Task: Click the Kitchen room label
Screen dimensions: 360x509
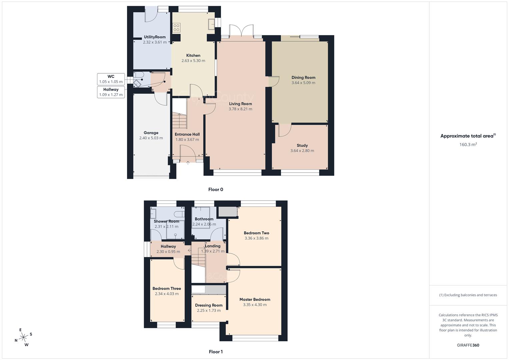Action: point(193,55)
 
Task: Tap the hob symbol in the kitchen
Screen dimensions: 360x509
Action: point(176,28)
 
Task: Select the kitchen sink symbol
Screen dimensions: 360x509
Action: point(211,24)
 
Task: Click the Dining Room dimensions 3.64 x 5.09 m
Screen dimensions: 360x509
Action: point(303,83)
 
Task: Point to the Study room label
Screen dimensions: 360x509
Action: point(302,145)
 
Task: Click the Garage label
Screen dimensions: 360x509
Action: point(151,133)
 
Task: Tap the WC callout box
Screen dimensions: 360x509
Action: point(111,79)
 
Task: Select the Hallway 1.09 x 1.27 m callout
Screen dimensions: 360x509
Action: point(111,92)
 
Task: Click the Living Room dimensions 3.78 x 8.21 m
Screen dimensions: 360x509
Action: point(240,109)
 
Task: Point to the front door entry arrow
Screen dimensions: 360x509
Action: point(188,163)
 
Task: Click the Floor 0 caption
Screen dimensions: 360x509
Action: point(216,189)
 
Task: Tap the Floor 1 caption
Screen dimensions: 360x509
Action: point(216,352)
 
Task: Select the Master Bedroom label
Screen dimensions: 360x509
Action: point(255,299)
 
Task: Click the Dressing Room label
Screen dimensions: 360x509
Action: point(209,305)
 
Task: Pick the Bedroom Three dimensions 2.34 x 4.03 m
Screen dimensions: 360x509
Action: point(167,294)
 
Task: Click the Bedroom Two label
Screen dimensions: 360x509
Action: point(256,233)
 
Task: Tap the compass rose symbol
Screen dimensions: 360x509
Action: point(23,337)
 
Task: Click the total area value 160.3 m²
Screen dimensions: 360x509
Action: point(468,144)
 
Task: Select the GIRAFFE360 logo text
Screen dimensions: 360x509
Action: point(468,345)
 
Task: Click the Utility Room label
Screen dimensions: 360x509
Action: point(155,37)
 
